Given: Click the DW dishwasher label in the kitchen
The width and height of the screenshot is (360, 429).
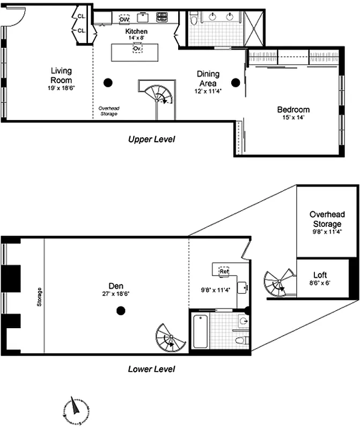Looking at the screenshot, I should tap(124, 19).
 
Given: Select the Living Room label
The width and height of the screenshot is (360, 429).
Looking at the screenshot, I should tap(61, 75).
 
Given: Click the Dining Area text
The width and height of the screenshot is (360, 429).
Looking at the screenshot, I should tap(207, 79).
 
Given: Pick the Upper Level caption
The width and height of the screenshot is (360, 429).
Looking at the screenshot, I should tap(151, 139).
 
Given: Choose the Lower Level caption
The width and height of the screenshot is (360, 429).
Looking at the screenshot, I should tap(151, 369).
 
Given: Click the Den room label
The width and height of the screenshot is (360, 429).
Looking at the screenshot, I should tap(113, 286).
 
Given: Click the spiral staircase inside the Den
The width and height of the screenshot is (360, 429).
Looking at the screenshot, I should tap(170, 337).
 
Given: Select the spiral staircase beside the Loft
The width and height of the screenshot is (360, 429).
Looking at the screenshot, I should tap(279, 283).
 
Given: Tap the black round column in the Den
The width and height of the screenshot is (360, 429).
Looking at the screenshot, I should tap(121, 310).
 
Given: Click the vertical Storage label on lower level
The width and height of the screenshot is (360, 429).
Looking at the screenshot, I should tap(40, 297).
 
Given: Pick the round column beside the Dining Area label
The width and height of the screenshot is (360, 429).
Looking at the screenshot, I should tap(235, 82).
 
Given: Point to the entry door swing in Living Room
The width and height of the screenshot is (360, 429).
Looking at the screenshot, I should tap(15, 18).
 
